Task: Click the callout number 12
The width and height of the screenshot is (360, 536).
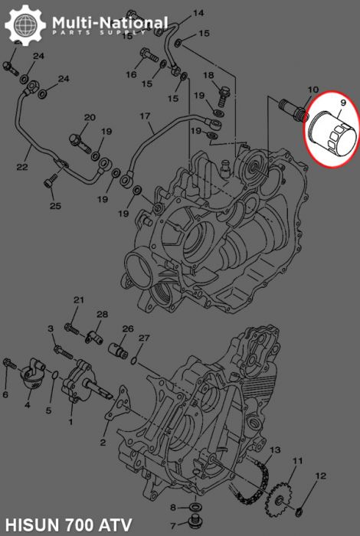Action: pos(321,476)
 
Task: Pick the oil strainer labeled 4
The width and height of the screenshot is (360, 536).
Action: pos(31,379)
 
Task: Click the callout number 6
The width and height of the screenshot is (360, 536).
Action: pos(5,394)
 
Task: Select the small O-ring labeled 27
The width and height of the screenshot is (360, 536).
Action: pos(136,360)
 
